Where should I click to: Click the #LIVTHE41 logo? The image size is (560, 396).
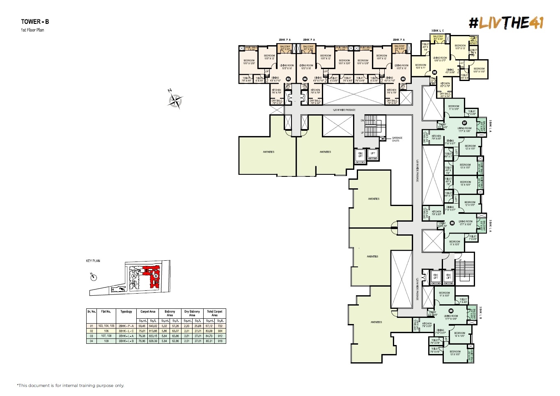(x=506, y=23)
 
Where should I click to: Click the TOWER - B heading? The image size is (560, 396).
(x=35, y=22)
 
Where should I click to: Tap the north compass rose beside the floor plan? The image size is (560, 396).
(x=176, y=100)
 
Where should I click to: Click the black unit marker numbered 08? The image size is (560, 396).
(x=452, y=223)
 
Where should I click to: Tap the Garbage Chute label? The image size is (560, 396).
(x=397, y=139)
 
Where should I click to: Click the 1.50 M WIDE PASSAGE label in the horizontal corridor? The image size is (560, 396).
(x=344, y=110)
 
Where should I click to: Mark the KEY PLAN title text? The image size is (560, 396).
(x=93, y=261)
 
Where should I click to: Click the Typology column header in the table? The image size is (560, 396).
(x=126, y=312)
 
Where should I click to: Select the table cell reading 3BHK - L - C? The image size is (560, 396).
(x=126, y=331)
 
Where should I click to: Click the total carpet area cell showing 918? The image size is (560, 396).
(x=220, y=341)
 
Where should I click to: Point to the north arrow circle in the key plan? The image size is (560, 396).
(x=94, y=277)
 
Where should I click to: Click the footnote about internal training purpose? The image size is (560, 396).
(x=70, y=386)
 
